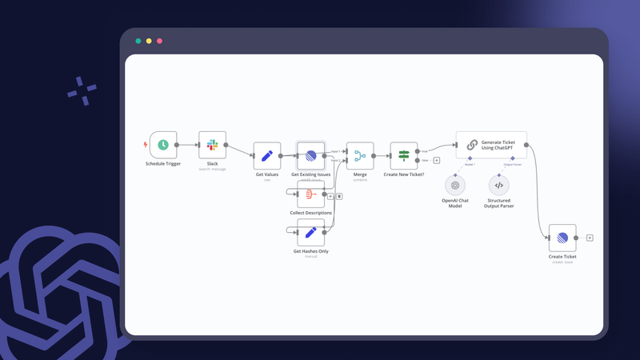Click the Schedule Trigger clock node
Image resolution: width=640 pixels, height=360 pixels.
point(162,145)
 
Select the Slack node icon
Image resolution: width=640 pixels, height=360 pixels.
point(212,145)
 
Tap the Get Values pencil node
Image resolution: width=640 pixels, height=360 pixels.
point(266,156)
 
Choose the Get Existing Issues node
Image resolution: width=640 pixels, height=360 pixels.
point(310,156)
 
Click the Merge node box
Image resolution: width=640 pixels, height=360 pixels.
point(360,156)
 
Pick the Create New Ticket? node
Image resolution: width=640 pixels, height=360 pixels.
point(403,156)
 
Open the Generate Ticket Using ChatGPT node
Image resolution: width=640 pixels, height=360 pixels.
point(491,145)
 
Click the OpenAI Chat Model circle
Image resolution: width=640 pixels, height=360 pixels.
point(455,185)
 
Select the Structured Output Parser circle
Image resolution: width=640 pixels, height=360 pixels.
point(498,185)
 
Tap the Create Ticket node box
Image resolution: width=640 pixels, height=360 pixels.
point(562,238)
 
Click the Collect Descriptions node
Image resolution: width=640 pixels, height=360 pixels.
point(310,194)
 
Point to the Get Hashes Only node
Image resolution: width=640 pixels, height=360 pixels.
point(310,233)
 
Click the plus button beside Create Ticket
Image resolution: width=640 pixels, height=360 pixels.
point(590,238)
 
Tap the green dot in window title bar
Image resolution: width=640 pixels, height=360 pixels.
point(138,41)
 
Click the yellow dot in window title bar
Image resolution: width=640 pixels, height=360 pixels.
point(149,41)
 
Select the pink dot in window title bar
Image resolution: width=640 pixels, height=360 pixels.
point(159,41)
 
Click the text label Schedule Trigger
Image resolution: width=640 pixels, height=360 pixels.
point(162,163)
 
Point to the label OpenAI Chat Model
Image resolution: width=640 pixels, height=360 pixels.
point(455,202)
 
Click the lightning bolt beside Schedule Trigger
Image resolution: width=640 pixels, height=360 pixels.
point(145,145)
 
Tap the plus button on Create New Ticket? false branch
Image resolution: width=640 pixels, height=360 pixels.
point(436,161)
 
